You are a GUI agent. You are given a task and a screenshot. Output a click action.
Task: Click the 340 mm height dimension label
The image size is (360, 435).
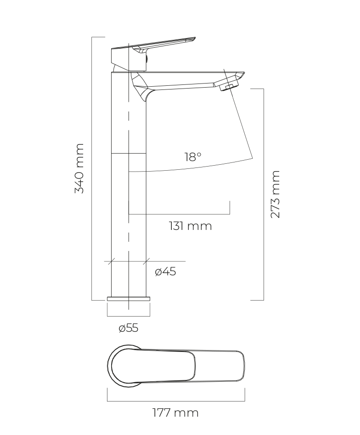point(79,168)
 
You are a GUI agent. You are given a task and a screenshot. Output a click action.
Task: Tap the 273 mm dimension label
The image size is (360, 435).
point(276,194)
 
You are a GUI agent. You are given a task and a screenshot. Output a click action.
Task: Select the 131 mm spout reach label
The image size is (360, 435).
point(191,226)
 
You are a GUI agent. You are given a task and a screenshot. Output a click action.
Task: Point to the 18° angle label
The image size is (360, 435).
point(193,157)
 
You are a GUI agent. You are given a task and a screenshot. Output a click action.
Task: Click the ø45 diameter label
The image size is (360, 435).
point(165,272)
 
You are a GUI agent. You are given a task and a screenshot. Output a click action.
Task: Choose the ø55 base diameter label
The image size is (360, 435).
point(128,328)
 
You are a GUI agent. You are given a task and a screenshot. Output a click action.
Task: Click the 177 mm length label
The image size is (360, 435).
point(175,413)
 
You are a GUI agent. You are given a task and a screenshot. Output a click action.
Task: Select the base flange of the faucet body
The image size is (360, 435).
point(129,299)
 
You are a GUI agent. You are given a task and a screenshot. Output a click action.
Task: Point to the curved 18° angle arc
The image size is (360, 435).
point(191,167)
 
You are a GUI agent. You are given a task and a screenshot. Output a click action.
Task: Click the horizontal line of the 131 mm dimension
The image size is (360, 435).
point(179,214)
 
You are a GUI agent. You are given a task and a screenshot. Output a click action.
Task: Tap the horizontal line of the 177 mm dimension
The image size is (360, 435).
point(176,401)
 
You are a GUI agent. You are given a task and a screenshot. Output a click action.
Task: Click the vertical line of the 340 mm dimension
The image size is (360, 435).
point(92,168)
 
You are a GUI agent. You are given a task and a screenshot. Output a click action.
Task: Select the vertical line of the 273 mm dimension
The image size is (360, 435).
point(264,194)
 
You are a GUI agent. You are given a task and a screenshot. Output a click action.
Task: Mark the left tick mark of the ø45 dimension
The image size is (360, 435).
point(111,261)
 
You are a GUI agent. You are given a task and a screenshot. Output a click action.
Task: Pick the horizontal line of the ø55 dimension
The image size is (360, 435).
point(129,316)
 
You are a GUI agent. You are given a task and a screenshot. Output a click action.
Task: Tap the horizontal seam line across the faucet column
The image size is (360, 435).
point(129,153)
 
